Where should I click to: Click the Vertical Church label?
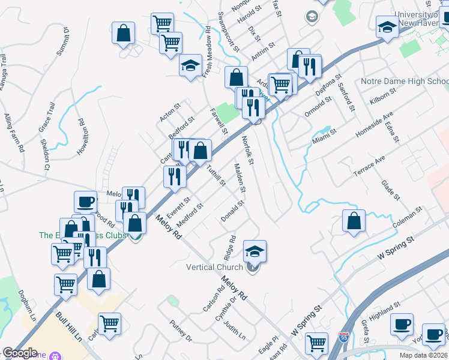click(214, 267)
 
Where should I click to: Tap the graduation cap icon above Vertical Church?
click(255, 251)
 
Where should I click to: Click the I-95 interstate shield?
click(344, 339)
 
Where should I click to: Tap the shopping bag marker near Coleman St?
click(354, 221)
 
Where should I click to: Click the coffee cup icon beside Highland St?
click(402, 325)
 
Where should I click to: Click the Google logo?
click(20, 353)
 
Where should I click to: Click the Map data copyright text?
click(423, 355)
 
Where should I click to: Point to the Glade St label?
click(391, 190)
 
